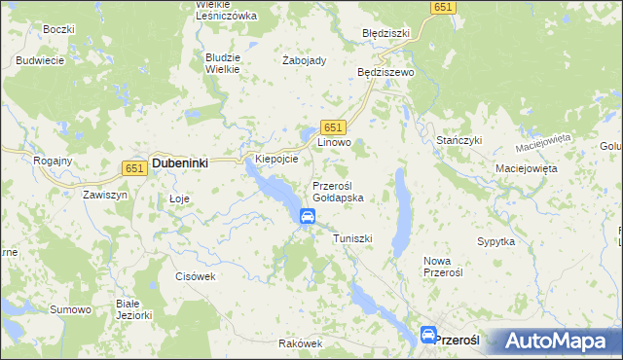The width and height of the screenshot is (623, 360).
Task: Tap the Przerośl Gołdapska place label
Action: [338, 191]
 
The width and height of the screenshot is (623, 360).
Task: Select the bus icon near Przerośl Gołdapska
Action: [308, 216]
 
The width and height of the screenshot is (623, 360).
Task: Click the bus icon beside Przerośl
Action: [428, 335]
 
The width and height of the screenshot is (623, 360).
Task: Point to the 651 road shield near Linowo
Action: [333, 127]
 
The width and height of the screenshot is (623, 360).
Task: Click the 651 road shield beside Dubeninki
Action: [135, 167]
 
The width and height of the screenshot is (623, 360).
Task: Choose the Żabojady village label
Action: [304, 59]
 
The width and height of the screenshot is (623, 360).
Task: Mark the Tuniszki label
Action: [352, 238]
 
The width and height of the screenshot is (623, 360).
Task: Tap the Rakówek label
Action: [299, 343]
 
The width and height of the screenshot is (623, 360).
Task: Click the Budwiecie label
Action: [40, 60]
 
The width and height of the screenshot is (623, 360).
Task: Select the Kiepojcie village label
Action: [275, 158]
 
